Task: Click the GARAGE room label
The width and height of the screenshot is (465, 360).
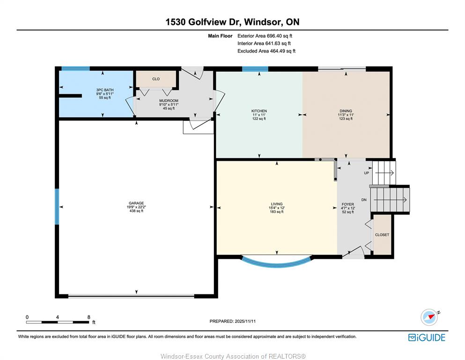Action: [x=136, y=203]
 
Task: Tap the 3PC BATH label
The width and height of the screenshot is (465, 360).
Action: [x=105, y=90]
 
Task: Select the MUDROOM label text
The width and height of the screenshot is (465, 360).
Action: [x=169, y=101]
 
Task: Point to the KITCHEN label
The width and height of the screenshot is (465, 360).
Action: [x=259, y=111]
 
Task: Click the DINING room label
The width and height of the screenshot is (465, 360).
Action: [x=346, y=111]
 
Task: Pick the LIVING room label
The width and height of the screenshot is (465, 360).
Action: [x=276, y=204]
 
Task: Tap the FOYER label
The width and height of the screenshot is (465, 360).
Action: [x=348, y=204]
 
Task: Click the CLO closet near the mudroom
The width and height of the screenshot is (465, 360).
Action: [x=156, y=79]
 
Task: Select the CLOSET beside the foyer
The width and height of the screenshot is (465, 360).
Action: [x=382, y=235]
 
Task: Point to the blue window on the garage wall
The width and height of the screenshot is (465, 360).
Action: [x=57, y=207]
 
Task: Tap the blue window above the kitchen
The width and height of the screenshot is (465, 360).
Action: [x=255, y=69]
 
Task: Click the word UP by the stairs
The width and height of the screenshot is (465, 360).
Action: [x=367, y=173]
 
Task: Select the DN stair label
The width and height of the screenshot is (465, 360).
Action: [x=364, y=200]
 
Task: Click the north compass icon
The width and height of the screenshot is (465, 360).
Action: [x=429, y=317]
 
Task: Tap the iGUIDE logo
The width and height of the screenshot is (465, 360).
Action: [x=427, y=337]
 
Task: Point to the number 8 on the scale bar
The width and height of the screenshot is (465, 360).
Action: [x=89, y=317]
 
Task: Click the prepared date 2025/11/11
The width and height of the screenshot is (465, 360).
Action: [x=245, y=321]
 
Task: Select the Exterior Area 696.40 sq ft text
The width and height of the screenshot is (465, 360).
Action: [x=265, y=36]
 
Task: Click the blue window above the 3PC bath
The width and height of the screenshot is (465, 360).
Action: [x=75, y=69]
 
